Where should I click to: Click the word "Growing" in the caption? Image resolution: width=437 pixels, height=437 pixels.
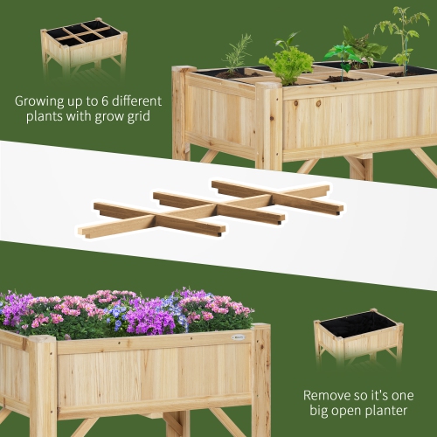coord(39,101)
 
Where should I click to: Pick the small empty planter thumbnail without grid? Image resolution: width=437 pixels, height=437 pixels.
coord(358,336)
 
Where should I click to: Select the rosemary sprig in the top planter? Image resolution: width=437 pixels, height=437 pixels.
coord(237,54)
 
